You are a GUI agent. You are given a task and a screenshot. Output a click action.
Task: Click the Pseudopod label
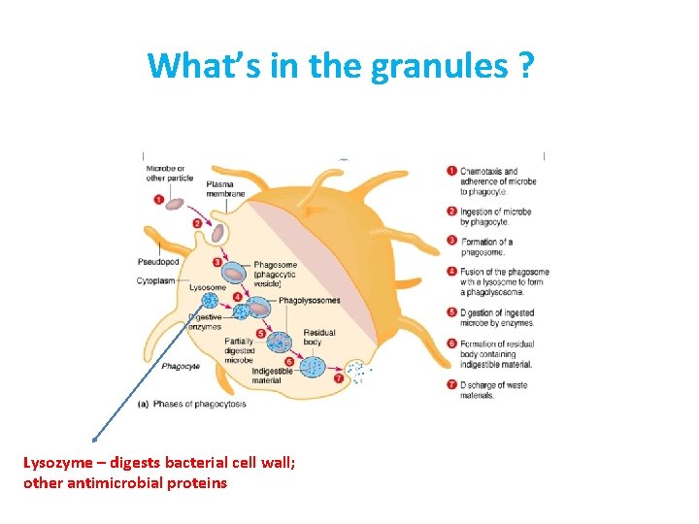coord(157,262)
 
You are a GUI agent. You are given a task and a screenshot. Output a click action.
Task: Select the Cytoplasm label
coord(155,281)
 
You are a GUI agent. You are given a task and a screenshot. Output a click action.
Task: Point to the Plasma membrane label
coord(225,188)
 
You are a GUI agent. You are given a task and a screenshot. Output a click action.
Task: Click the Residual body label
coord(319,338)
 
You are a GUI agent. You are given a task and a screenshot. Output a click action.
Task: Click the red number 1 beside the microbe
coord(158,200)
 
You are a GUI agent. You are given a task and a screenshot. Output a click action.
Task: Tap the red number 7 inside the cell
coord(338,378)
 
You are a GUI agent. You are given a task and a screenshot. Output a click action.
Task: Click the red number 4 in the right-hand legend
coord(451,272)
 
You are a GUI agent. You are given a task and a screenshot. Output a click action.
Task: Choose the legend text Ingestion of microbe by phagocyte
coord(497,216)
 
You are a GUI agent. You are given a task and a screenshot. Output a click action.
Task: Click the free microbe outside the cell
coord(175,204)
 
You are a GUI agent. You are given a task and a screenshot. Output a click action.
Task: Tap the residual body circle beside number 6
coord(314,367)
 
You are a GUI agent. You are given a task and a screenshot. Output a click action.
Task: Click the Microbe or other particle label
coord(168,174)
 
